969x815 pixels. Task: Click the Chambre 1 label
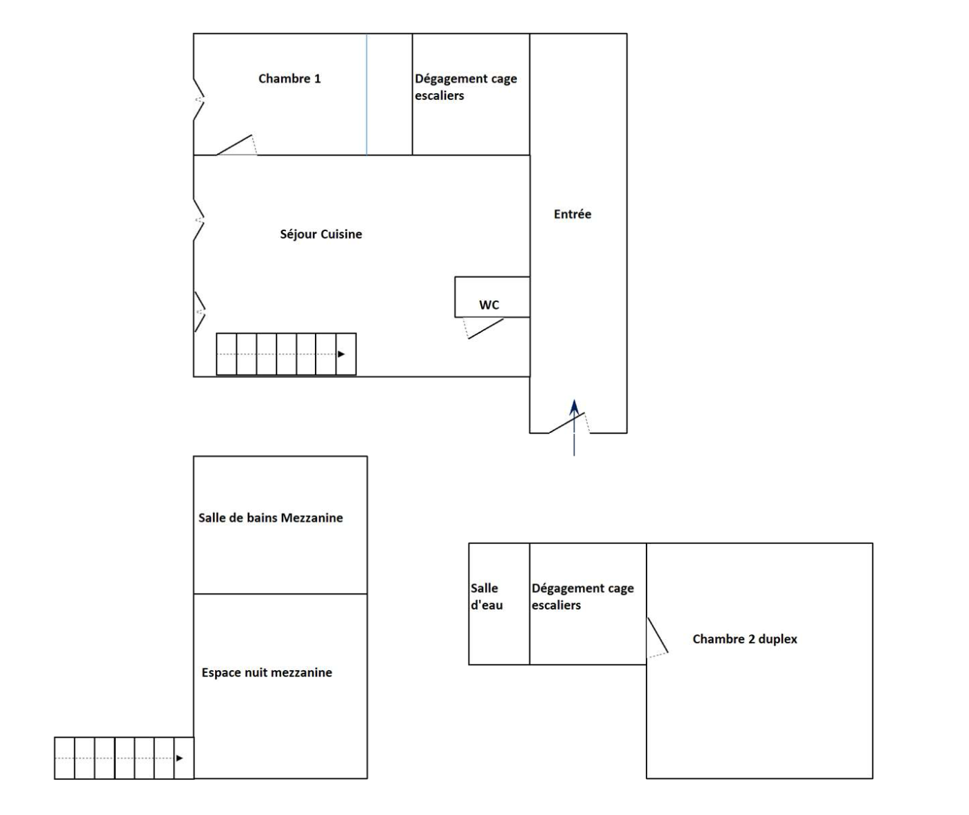point(289,79)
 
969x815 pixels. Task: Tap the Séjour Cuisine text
point(320,234)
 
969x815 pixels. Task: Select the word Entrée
point(572,214)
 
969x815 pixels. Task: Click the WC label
point(489,305)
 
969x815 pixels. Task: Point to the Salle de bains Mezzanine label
point(270,518)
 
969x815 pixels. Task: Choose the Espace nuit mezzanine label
point(267,672)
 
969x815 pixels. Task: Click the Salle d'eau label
point(487,596)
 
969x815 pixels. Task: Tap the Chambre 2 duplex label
point(744,639)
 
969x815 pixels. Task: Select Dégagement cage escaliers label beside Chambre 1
point(465,87)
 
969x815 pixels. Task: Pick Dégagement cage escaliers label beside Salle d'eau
point(582,596)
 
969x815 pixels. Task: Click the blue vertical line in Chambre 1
point(367,94)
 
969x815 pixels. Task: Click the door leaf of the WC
point(486,328)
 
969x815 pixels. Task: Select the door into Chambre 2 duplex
point(657,635)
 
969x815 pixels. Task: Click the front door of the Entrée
point(567,423)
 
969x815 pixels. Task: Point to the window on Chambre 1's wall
point(198,100)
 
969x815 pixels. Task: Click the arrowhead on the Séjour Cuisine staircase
point(341,354)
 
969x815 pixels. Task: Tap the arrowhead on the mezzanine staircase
point(179,758)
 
